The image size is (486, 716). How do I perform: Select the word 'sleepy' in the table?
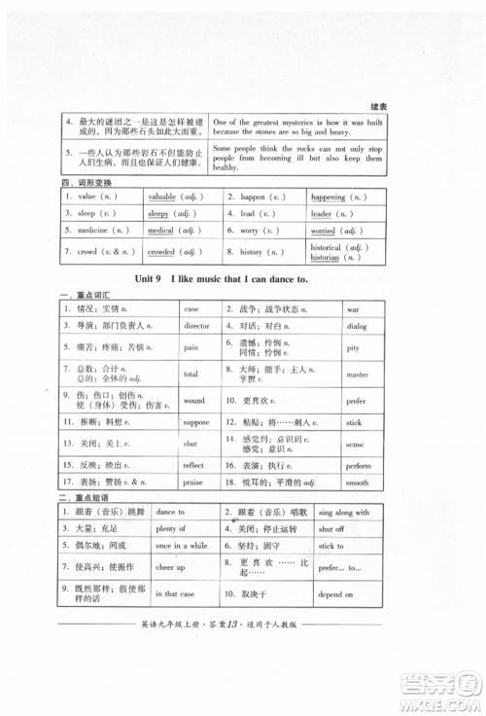point(158,213)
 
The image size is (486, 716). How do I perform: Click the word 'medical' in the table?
point(160,231)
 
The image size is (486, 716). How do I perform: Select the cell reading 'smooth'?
point(357,483)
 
